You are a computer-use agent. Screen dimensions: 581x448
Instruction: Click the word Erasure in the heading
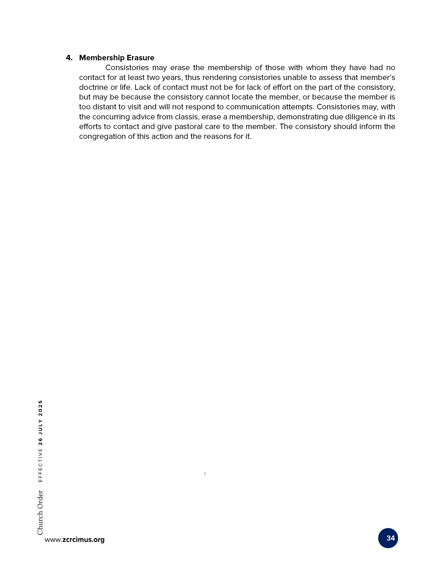(x=140, y=58)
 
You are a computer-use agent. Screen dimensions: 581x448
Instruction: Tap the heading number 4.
(x=69, y=58)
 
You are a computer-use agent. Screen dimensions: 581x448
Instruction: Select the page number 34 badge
(x=388, y=538)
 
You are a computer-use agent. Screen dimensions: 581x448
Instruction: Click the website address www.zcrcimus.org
(x=75, y=539)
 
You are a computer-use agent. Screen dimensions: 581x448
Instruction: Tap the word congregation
(x=102, y=136)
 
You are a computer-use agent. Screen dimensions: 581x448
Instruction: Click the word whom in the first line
(x=317, y=68)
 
